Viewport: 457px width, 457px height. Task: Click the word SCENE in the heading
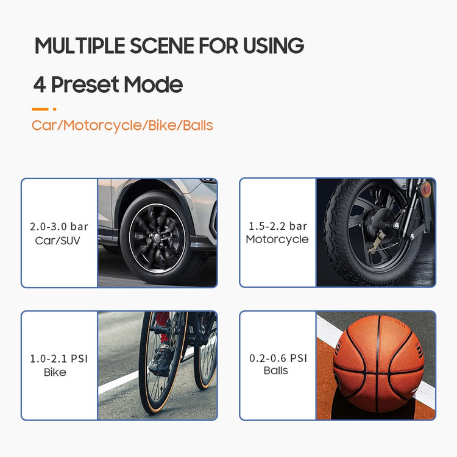[x=162, y=46]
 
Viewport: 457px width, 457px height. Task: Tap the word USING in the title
[x=274, y=46]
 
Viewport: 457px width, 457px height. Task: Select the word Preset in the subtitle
[x=85, y=85]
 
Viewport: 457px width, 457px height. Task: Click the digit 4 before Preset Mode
[x=40, y=85]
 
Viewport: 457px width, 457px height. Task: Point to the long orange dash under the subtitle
[x=40, y=109]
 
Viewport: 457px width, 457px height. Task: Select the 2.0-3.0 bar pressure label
[x=59, y=227]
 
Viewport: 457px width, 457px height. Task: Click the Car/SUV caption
[x=58, y=241]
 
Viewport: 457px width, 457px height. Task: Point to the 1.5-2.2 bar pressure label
[x=278, y=226]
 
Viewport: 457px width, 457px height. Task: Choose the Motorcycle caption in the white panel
[x=277, y=239]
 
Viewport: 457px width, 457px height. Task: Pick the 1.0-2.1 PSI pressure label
[x=59, y=358]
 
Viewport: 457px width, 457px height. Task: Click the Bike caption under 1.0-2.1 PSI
[x=55, y=372]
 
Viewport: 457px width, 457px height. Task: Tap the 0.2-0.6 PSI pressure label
[x=278, y=358]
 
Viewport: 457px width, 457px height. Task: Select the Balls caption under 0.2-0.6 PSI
[x=275, y=370]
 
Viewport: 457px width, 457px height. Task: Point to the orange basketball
[x=378, y=363]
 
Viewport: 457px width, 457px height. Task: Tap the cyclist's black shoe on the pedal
[x=160, y=359]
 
